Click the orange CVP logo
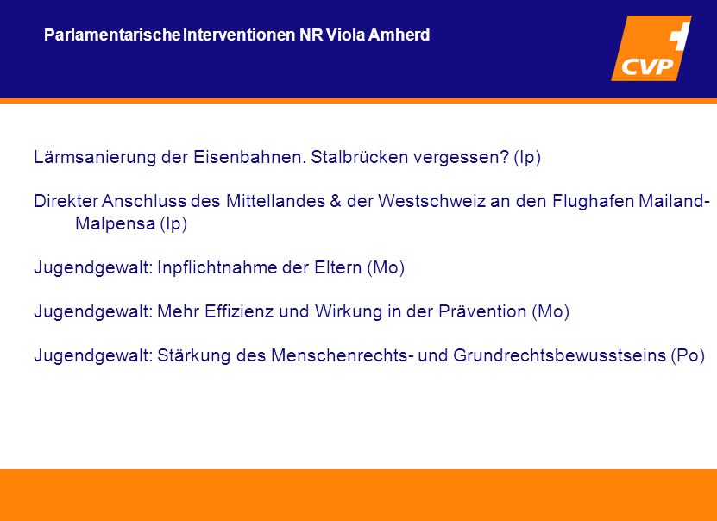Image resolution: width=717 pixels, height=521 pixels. tap(651, 48)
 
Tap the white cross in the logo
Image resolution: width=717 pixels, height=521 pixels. tap(681, 34)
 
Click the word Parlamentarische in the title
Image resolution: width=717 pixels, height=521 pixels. tap(112, 35)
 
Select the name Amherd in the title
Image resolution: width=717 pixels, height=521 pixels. tap(399, 35)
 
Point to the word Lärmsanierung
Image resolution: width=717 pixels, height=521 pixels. tap(95, 157)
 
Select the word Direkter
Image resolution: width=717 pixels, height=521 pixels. tap(66, 201)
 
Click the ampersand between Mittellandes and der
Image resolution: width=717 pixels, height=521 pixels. tap(335, 201)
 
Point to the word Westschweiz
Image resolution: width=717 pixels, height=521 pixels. tap(431, 201)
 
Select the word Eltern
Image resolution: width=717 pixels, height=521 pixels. tap(338, 267)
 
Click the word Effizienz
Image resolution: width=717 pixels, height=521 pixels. tap(234, 311)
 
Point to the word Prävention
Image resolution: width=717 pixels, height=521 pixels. tap(482, 311)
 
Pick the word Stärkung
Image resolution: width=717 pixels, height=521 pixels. tap(194, 355)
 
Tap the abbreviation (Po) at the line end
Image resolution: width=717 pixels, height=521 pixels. tap(689, 355)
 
